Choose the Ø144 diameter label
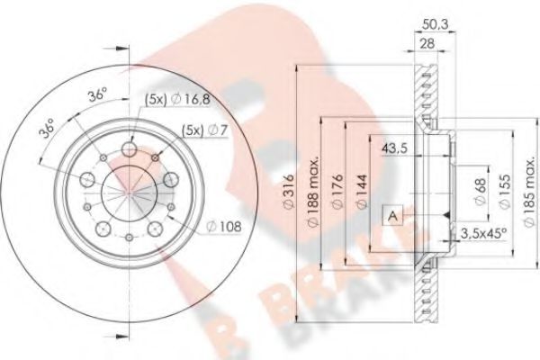coord(357,192)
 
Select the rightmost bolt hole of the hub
coord(171,180)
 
